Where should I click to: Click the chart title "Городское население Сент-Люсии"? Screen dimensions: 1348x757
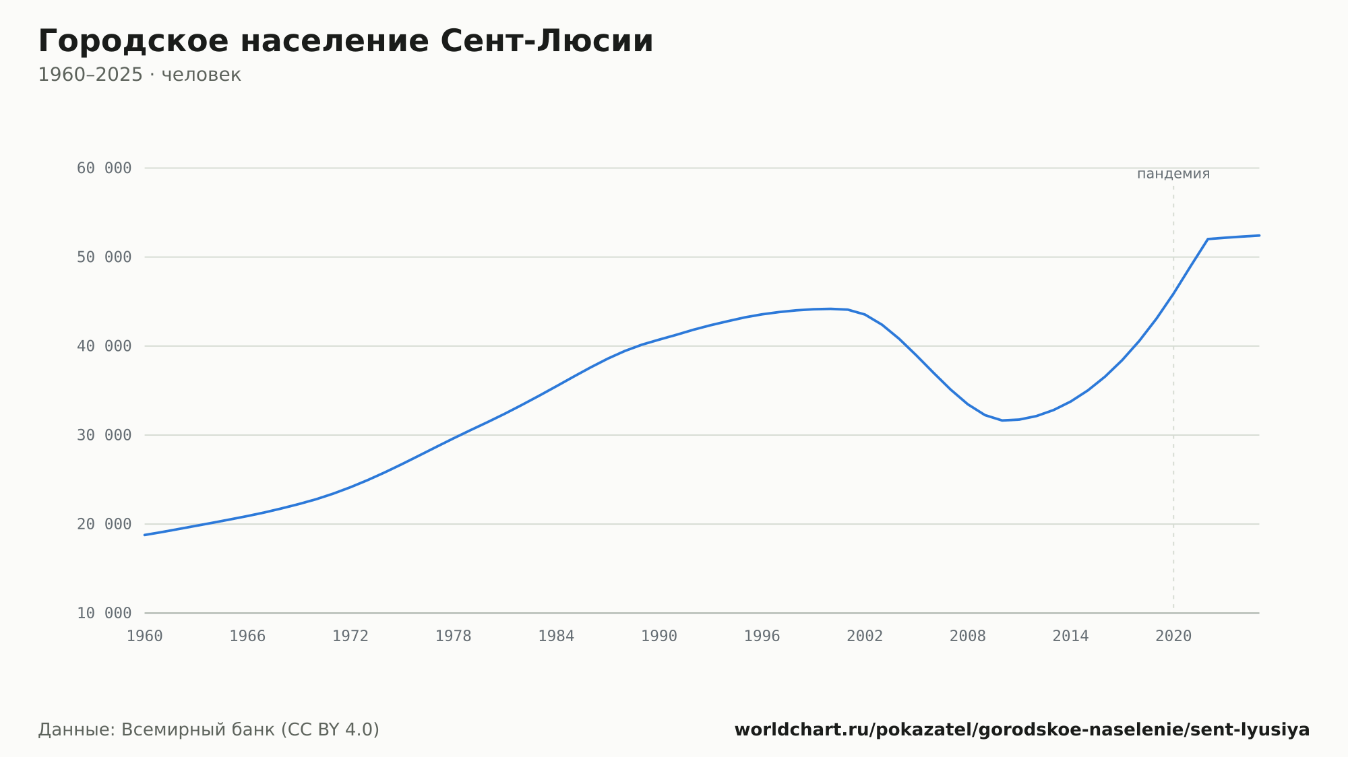click(346, 42)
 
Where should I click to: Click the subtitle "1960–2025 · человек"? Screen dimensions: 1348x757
click(140, 75)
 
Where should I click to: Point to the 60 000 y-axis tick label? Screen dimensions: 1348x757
click(104, 168)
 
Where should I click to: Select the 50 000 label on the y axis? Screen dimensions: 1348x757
click(104, 257)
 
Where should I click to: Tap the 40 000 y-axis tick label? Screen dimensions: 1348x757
click(104, 346)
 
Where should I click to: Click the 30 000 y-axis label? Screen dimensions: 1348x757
click(104, 435)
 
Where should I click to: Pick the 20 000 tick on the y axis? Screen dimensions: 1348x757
click(104, 524)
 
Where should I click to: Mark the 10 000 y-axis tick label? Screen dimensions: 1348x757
click(104, 613)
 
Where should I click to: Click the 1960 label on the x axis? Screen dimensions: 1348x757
click(145, 636)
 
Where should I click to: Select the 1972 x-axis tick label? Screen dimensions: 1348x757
click(350, 636)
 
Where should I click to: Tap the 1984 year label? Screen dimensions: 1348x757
click(556, 636)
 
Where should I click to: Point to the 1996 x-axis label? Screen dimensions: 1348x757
click(762, 636)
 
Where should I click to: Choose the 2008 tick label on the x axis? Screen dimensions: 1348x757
click(968, 636)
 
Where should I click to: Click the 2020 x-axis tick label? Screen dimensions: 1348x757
click(1173, 636)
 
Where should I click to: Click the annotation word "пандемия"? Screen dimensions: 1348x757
click(1173, 174)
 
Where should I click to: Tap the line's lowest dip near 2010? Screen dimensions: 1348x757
click(1002, 420)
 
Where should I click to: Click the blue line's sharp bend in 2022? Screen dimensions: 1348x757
click(1208, 239)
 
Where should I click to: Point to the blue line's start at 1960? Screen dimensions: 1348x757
click(145, 535)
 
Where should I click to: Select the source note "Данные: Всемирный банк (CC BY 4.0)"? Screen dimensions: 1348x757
click(209, 730)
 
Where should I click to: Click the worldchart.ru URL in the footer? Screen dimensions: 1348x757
click(1022, 730)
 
